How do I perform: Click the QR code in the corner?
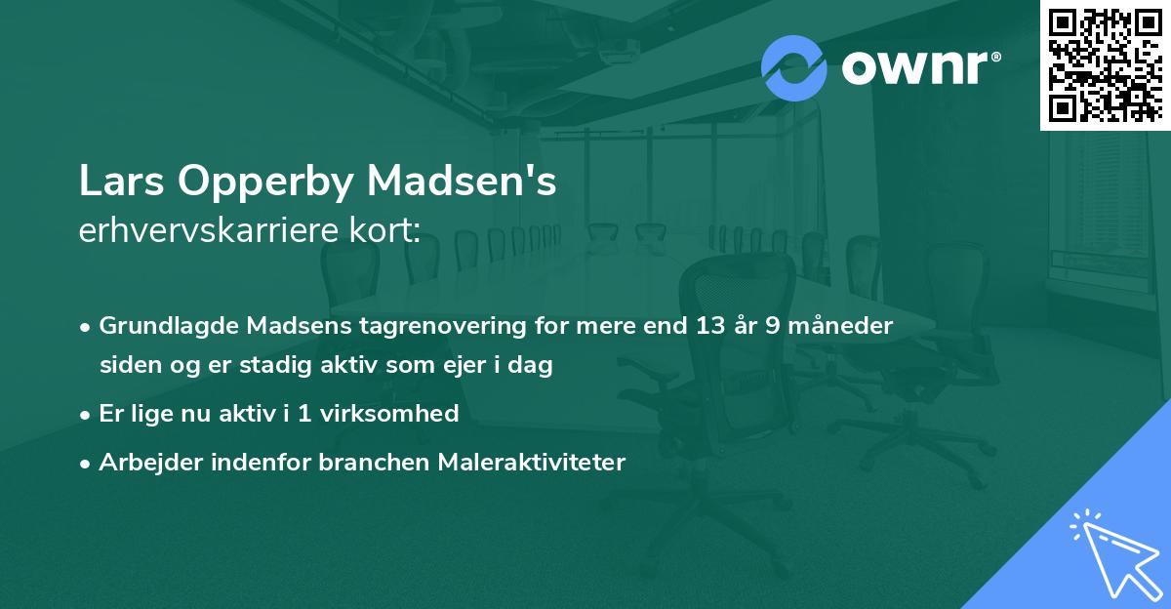(x=1105, y=64)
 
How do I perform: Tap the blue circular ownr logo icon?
(x=795, y=67)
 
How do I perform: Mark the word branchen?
(x=366, y=462)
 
